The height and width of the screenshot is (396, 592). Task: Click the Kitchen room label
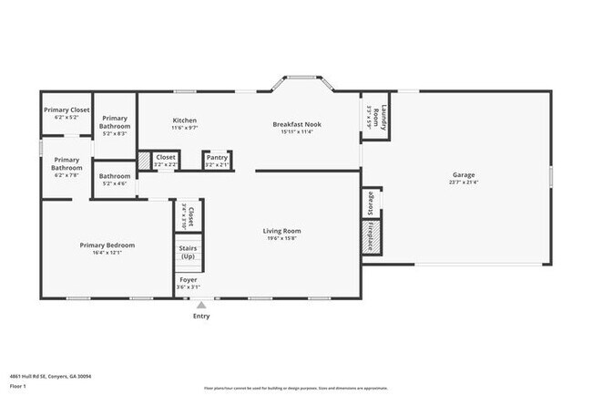[x=185, y=120]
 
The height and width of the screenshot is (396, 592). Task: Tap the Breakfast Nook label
[x=297, y=124]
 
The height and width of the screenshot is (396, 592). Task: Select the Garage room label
[x=464, y=174]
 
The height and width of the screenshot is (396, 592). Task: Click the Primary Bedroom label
[x=107, y=245]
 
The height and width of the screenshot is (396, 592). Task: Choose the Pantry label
[x=216, y=157]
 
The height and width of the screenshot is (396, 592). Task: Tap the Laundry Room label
[x=384, y=119]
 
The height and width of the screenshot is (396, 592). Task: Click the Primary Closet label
[x=66, y=109]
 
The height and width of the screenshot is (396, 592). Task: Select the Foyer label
[x=188, y=280]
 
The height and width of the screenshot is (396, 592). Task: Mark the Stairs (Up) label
[x=189, y=253]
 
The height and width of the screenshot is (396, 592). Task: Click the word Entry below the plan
[x=201, y=317]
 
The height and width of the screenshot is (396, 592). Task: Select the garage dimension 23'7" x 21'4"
[x=464, y=182]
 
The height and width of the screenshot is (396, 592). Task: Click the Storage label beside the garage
[x=371, y=202]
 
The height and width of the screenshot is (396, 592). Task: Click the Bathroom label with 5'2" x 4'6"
[x=115, y=176]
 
